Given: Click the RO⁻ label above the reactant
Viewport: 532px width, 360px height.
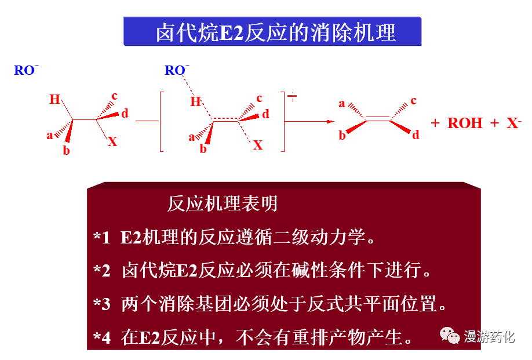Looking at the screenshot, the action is [x=25, y=71].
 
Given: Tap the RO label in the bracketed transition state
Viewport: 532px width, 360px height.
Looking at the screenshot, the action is [x=176, y=71].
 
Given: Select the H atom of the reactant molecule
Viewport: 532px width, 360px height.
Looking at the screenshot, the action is [x=54, y=99].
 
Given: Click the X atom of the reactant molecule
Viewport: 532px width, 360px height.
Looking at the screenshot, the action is [x=112, y=142].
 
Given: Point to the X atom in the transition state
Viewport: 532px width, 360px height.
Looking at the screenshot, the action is [x=258, y=145].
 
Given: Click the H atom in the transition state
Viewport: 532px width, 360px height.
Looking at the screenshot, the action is [x=195, y=103].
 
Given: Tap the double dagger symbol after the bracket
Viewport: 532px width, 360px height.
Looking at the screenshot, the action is [x=293, y=96].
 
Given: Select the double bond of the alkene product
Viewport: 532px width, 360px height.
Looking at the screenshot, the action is [x=378, y=119].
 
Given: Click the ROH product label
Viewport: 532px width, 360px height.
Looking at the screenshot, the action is [x=465, y=123].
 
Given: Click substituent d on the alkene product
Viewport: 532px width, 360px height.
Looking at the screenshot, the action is [x=416, y=136].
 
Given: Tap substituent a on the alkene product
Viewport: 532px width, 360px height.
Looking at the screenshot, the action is [x=342, y=104].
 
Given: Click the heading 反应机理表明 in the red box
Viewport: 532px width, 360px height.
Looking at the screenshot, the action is [x=223, y=203].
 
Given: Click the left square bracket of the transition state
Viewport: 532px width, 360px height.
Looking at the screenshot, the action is [x=162, y=121].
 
